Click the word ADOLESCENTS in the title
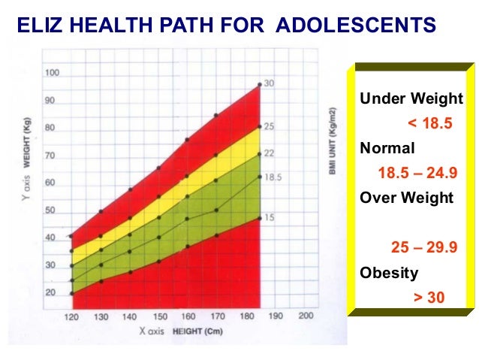pos(355,27)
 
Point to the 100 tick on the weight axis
pos(52,73)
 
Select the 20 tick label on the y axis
pos(50,293)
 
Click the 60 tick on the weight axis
pos(50,183)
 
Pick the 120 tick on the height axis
pos(72,317)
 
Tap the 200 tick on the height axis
pos(306,316)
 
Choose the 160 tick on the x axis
pos(188,317)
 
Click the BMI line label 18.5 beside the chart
pos(273,177)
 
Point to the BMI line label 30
pos(268,84)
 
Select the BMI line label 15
pos(268,218)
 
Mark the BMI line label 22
pos(268,153)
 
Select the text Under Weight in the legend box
pos(411,99)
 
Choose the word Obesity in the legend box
pos(390,273)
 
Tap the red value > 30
pos(429,298)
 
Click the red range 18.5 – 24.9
pos(417,174)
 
